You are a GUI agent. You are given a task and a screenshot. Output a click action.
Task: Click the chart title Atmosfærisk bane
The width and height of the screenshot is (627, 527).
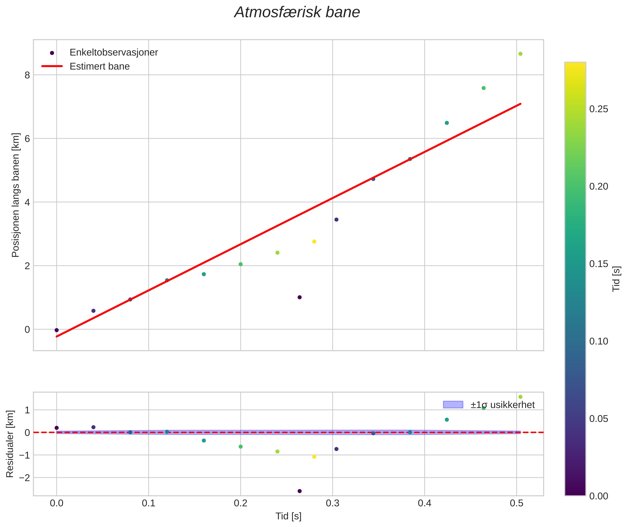(297, 12)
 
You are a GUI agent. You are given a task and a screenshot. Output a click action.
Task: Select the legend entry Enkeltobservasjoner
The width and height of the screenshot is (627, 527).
(114, 53)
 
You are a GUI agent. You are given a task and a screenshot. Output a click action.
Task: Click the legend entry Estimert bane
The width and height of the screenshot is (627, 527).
(99, 66)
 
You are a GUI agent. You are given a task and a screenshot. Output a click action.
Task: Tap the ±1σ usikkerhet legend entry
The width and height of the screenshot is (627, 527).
(502, 405)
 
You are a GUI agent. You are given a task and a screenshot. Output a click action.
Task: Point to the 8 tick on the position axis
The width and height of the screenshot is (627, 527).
(27, 75)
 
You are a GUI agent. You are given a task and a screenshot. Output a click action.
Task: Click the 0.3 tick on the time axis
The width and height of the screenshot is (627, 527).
(332, 503)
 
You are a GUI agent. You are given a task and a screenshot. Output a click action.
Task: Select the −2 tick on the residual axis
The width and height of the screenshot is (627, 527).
(24, 478)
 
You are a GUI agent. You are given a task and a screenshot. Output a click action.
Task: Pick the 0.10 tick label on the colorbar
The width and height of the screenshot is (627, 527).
(598, 341)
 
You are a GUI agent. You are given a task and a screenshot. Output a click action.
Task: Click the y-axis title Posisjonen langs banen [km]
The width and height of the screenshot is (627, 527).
(15, 195)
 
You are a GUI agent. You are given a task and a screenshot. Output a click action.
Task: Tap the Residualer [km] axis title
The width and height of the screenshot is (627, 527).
(10, 444)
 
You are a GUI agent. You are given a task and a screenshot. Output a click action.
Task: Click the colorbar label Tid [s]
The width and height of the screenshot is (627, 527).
(616, 279)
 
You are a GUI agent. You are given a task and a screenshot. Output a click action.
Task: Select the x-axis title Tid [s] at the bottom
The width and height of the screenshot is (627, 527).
(288, 516)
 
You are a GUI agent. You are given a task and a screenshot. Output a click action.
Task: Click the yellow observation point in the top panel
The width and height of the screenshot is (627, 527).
(314, 242)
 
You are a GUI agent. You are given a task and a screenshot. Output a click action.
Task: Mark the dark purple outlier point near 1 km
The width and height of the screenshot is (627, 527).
(300, 297)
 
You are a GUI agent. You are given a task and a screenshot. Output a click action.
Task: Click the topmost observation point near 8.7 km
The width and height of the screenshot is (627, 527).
(520, 54)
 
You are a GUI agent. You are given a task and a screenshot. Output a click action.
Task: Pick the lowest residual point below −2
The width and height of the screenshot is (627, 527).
(300, 491)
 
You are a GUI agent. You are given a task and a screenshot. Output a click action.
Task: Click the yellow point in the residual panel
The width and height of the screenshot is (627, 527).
(314, 457)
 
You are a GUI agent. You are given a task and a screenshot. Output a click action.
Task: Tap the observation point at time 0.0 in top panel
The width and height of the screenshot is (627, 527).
(57, 330)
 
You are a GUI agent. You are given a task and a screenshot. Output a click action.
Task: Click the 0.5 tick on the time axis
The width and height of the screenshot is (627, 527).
(517, 503)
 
